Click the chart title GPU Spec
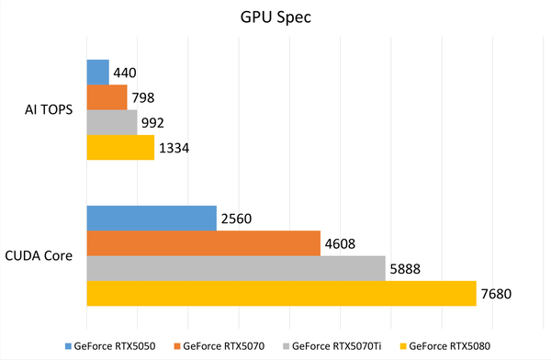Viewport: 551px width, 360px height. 276,17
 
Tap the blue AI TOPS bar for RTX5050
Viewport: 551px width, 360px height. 97,73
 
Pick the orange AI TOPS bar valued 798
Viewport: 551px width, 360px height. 107,97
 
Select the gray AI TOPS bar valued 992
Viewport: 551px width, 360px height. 111,122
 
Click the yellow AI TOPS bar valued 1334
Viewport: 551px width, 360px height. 120,148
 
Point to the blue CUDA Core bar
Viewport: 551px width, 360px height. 152,219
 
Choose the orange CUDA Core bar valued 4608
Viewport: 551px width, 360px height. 203,243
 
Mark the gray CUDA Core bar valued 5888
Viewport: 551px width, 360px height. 236,268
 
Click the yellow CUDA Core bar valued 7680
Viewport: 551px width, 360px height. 281,294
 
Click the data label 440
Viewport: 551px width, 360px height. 125,73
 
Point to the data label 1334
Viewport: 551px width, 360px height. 174,148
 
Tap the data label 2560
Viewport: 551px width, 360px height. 236,219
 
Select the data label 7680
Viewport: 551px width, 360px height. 496,294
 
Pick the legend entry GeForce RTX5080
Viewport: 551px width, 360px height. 448,347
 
